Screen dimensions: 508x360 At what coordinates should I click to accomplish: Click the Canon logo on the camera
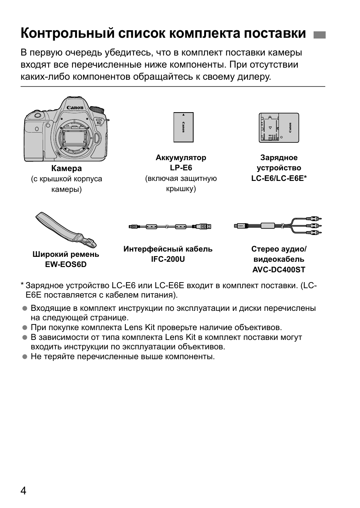coord(75,108)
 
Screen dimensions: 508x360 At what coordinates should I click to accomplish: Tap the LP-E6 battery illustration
coord(183,127)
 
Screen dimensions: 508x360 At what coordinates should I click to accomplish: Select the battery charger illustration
coord(279,128)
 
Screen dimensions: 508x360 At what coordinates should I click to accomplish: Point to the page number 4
coord(23,491)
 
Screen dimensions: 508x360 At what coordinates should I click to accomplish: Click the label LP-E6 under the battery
coord(181,168)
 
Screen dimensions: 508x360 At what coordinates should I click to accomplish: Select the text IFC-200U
coord(168,259)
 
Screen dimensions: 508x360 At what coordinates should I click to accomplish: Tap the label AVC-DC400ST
coord(279,270)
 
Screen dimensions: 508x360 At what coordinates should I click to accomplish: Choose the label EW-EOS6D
coord(66,264)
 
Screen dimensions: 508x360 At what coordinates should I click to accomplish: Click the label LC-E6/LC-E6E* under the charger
coord(279,178)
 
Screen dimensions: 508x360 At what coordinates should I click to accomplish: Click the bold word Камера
coord(66,168)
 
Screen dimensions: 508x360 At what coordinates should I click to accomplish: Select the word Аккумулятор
coord(181,158)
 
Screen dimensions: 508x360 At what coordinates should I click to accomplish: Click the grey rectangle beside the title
coord(319,35)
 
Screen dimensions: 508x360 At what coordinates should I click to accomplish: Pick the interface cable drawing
coord(170,227)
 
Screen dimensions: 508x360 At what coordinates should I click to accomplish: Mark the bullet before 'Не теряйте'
coord(25,357)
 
